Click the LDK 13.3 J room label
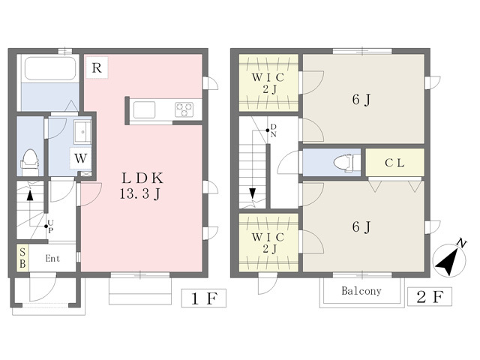142,185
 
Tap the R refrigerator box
97,67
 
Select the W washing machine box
80,158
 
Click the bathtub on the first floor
50,68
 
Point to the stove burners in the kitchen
184,109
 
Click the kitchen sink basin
144,109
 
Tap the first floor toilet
30,158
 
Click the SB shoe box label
22,258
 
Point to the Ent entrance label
52,259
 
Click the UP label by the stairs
50,226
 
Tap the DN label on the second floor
273,130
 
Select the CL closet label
395,163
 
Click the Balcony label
361,291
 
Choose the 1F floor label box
204,298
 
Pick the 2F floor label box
430,297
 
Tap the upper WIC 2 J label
268,83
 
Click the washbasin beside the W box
82,132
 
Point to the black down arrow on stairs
252,193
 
